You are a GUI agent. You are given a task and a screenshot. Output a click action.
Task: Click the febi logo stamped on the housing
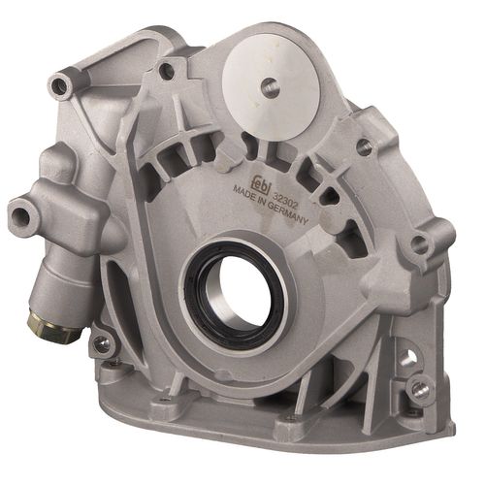[263, 183]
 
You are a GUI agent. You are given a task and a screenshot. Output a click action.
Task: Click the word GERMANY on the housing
[287, 214]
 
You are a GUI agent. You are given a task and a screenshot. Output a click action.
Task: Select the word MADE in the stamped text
[243, 192]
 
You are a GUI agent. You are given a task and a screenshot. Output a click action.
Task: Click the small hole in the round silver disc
[270, 86]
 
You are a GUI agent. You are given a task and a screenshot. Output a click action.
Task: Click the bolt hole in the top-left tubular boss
[59, 84]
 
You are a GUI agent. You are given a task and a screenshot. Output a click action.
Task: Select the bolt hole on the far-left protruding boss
[21, 213]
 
